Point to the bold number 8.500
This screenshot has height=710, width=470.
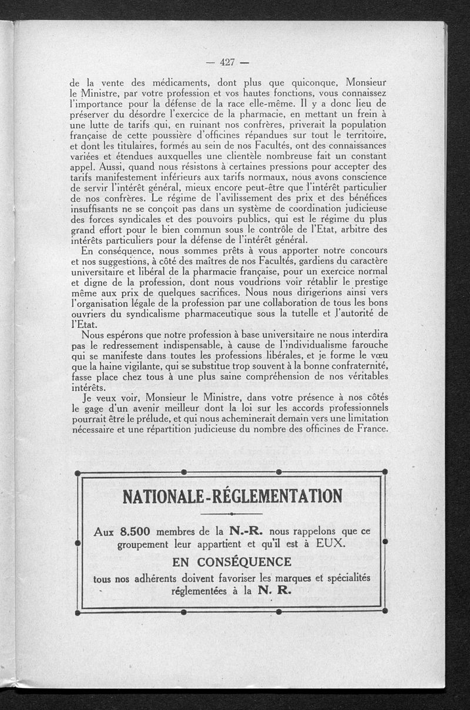pyautogui.click(x=135, y=532)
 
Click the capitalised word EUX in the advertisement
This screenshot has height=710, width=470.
pyautogui.click(x=332, y=544)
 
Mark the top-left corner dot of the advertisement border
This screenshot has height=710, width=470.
pyautogui.click(x=78, y=472)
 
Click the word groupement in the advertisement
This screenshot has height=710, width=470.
pyautogui.click(x=149, y=544)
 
